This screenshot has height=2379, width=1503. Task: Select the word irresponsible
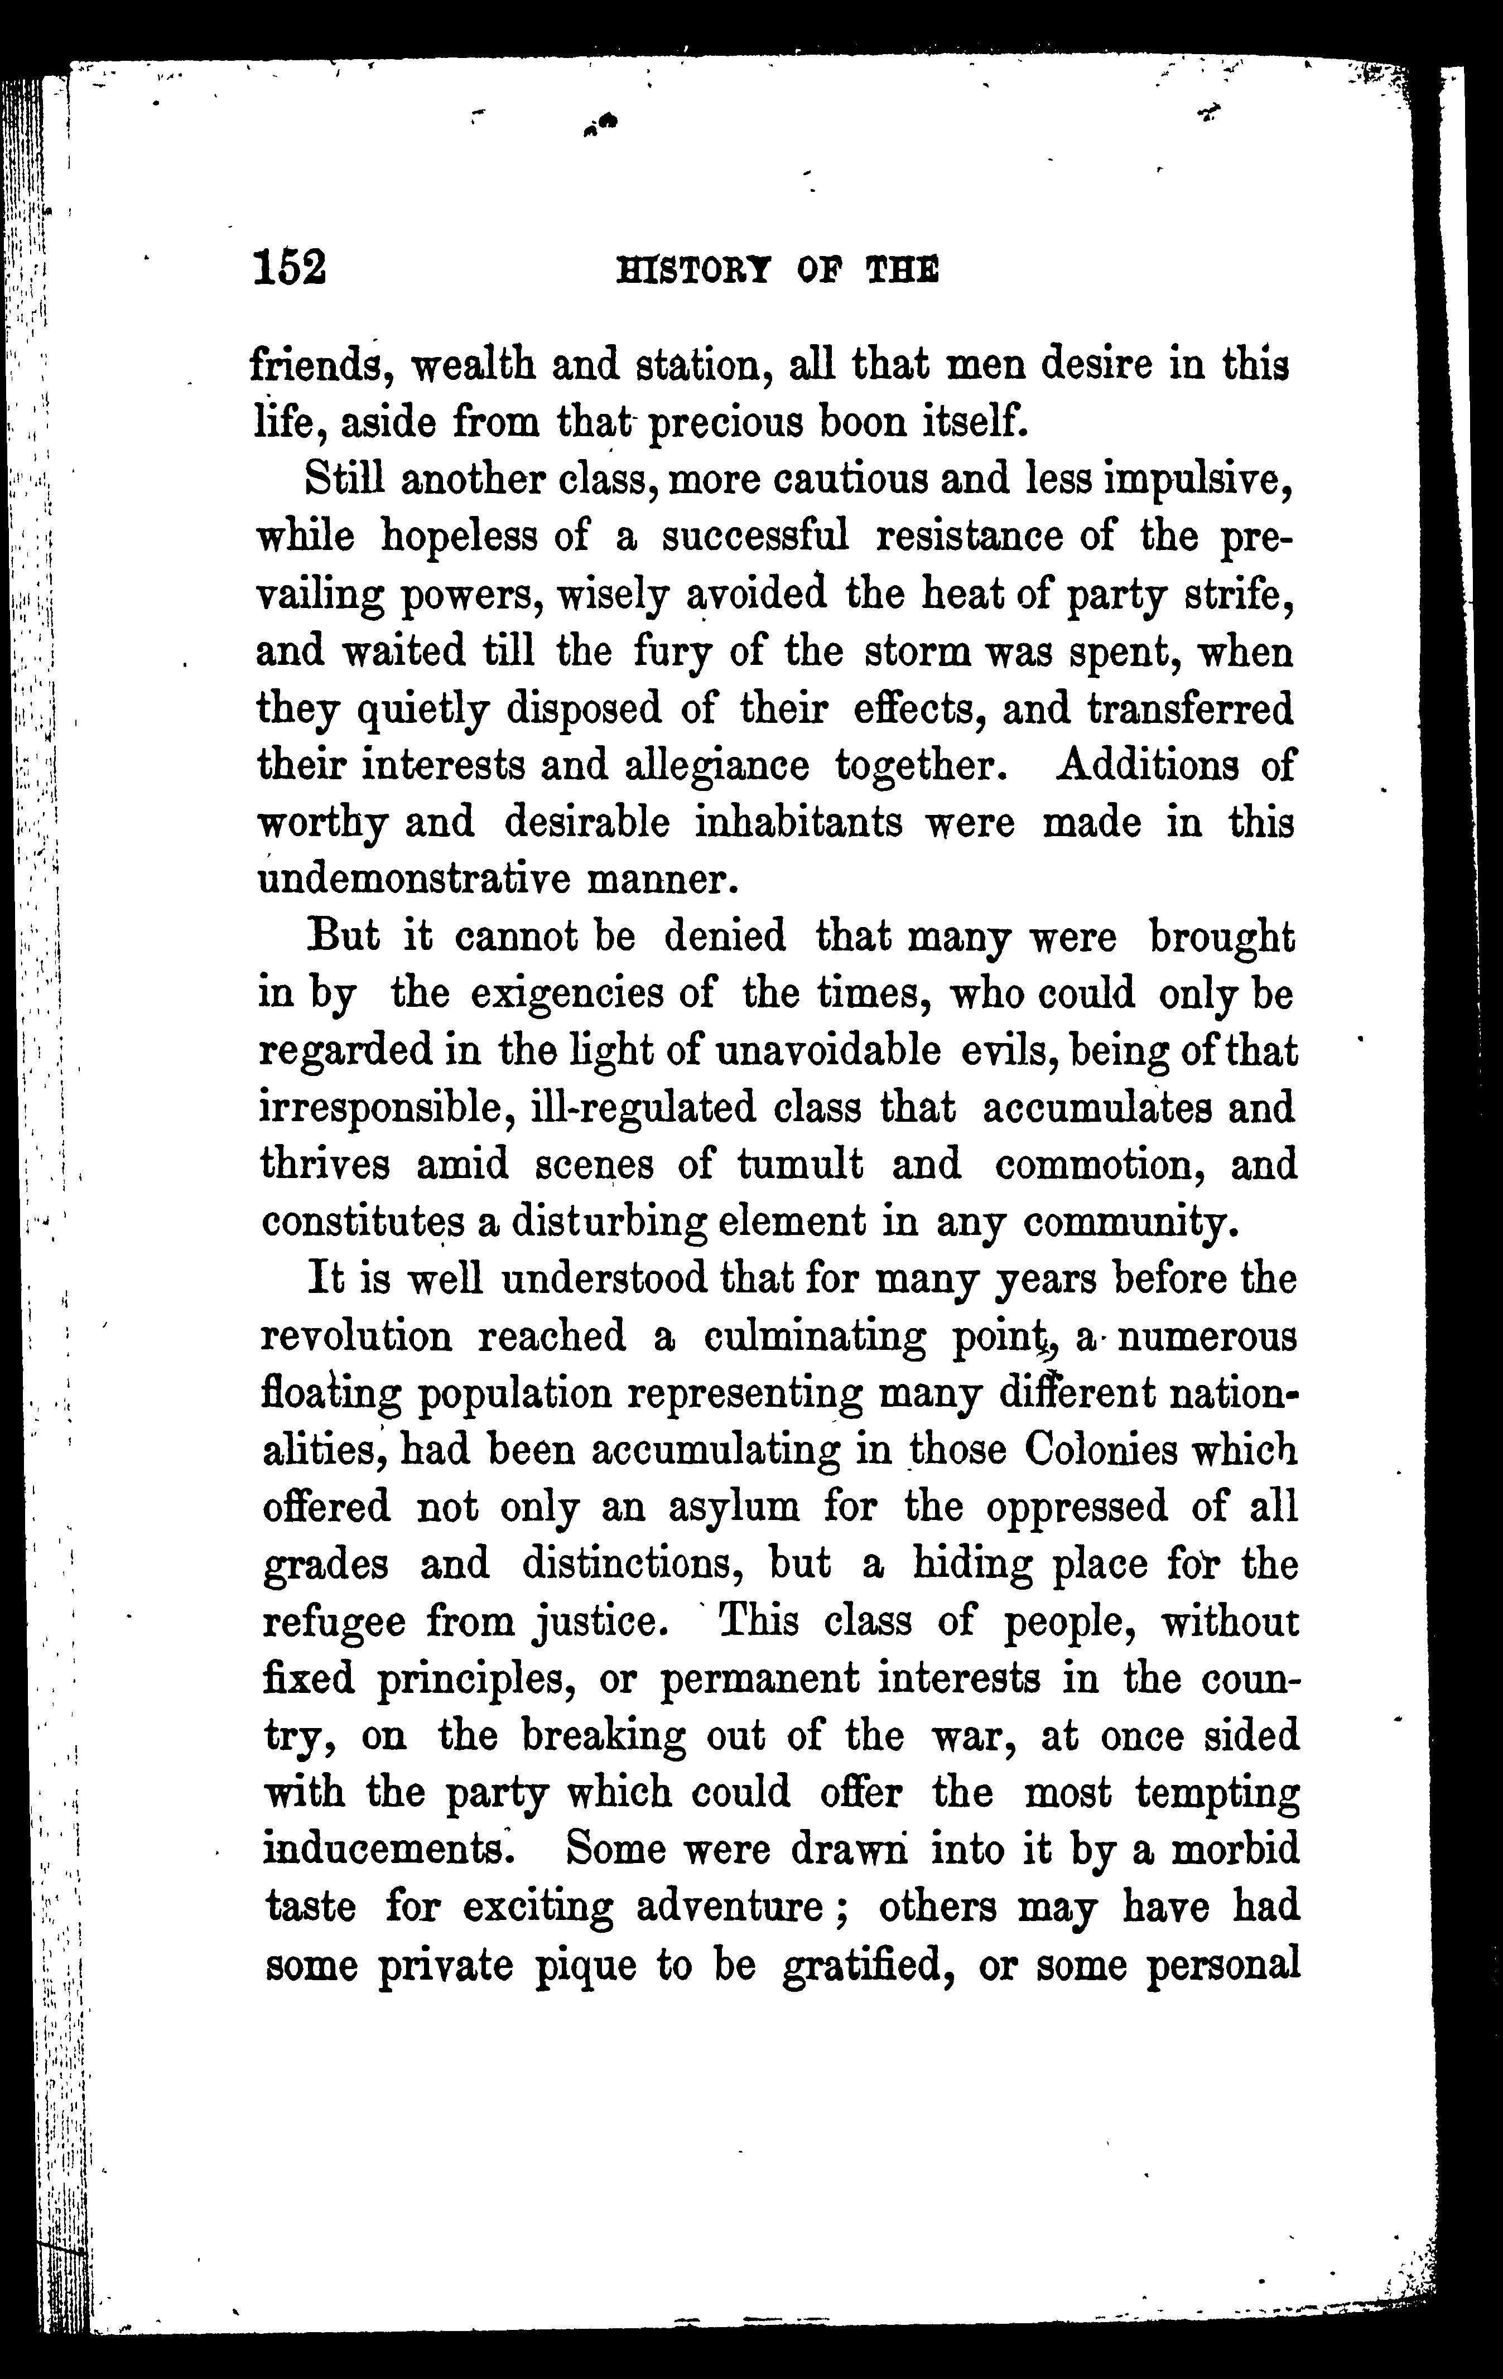click(386, 1108)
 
